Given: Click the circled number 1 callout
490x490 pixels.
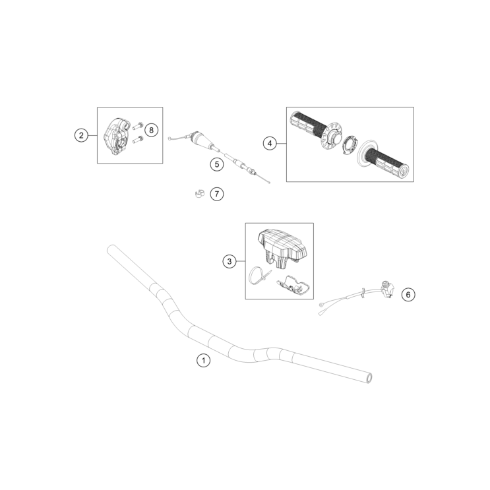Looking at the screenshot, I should (x=204, y=361).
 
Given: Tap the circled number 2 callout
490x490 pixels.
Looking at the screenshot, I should (x=81, y=136).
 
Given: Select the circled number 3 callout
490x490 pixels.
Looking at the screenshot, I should (x=229, y=262).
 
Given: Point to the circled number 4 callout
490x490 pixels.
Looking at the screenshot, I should (x=269, y=142).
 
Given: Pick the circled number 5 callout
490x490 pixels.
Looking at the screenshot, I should (x=216, y=164).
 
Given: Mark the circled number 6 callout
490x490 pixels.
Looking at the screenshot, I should (x=408, y=295).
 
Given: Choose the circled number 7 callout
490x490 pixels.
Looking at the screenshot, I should (x=217, y=194).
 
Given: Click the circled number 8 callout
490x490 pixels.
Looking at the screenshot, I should (x=151, y=130).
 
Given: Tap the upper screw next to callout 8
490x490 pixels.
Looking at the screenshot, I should (x=138, y=125).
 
